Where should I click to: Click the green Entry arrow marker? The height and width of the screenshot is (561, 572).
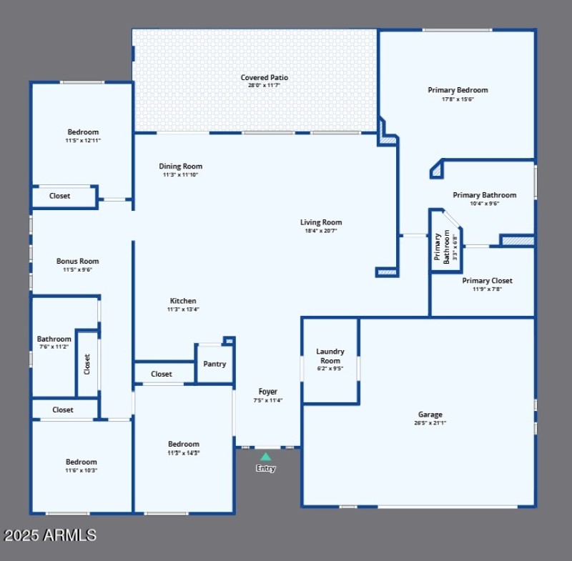click(x=265, y=456)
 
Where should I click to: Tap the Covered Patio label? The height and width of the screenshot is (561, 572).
click(x=264, y=77)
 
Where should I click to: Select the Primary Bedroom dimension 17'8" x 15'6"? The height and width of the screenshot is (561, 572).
click(x=458, y=99)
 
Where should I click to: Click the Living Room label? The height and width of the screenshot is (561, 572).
click(x=321, y=222)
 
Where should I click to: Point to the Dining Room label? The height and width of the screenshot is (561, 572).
click(x=180, y=167)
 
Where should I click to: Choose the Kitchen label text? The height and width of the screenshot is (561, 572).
click(x=183, y=301)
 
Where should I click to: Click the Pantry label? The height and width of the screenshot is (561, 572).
click(x=214, y=364)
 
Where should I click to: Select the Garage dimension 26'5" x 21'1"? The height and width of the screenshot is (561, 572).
click(x=430, y=423)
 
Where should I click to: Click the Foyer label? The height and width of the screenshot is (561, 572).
click(x=268, y=392)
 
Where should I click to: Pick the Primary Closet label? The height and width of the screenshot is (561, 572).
click(x=487, y=281)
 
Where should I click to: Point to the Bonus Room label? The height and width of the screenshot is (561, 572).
click(x=78, y=262)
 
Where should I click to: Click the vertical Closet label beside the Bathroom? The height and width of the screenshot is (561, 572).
click(x=87, y=364)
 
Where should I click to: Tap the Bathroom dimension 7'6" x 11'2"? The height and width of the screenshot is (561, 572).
click(x=54, y=347)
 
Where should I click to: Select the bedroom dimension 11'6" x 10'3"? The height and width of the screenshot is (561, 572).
click(x=81, y=470)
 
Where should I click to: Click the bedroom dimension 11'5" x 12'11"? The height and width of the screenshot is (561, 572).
click(x=83, y=141)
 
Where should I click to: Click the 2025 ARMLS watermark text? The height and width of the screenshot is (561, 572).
click(x=50, y=535)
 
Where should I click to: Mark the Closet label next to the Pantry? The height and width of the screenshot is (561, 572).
click(x=162, y=374)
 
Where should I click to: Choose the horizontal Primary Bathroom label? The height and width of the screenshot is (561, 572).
click(x=484, y=195)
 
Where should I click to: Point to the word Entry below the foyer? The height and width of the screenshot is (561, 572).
click(x=265, y=469)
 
